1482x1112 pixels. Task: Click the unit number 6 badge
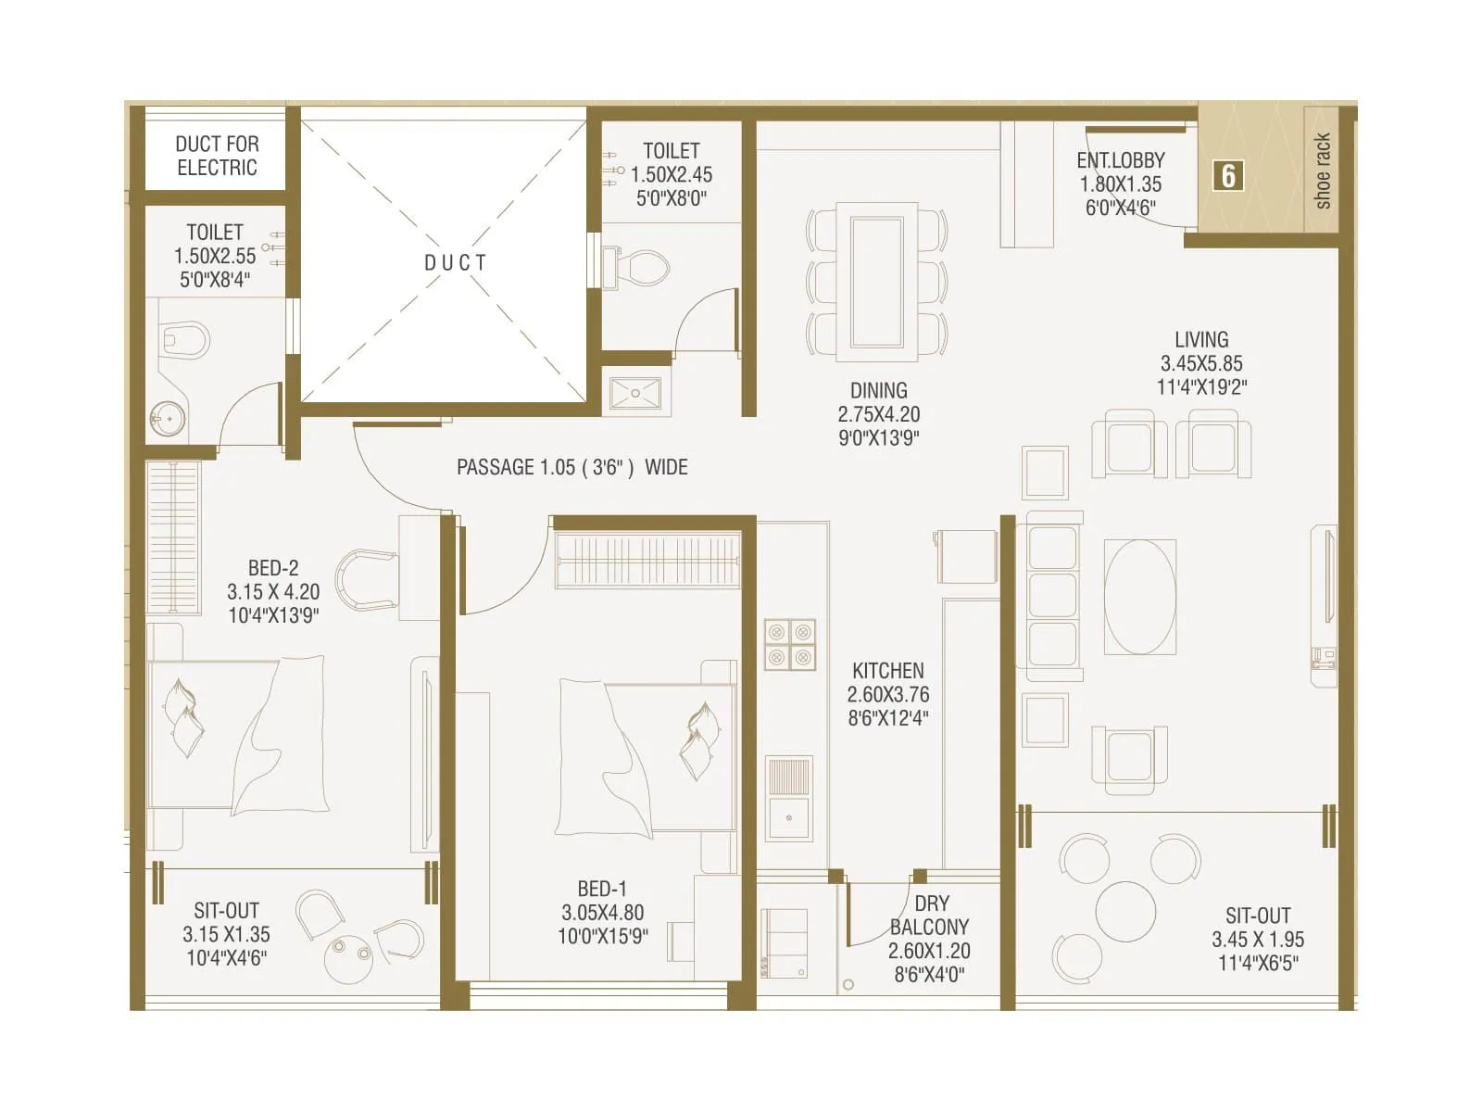(x=1228, y=175)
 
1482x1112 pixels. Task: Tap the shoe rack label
(x=1322, y=171)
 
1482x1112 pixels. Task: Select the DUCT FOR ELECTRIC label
(x=217, y=156)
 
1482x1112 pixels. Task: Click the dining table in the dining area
(x=876, y=282)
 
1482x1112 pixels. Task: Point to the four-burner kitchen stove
(x=789, y=644)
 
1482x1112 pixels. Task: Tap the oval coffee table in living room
(x=1140, y=597)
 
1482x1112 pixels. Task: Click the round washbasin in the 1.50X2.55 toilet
(x=169, y=419)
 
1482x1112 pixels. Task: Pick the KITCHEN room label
(x=887, y=670)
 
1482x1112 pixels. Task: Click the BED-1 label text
(x=601, y=888)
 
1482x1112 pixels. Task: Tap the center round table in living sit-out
(x=1125, y=911)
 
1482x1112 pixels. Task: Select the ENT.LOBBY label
(x=1120, y=160)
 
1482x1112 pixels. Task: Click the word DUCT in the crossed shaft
(x=455, y=263)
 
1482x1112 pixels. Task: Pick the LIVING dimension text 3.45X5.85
(x=1201, y=363)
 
